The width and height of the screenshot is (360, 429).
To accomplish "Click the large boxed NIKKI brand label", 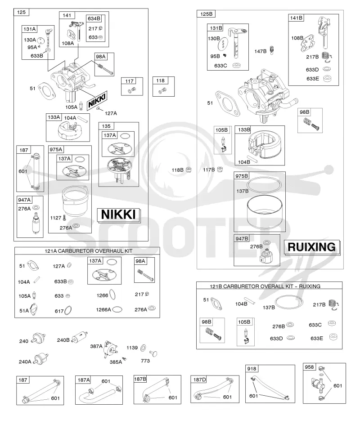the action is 118,215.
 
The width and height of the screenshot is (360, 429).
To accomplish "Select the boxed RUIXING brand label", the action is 312,247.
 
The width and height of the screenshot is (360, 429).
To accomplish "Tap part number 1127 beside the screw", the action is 55,218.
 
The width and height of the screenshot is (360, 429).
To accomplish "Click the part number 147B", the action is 261,51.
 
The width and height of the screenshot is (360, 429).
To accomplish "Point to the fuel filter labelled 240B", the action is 80,337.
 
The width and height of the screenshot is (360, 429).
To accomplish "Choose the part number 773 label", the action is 145,361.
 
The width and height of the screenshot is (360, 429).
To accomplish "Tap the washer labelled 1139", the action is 143,348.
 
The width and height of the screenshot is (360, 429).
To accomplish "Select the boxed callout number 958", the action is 309,367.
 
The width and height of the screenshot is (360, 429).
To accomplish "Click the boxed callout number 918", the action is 252,369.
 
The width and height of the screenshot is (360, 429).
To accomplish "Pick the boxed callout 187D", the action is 199,380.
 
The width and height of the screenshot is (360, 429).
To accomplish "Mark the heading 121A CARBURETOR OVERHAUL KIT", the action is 89,251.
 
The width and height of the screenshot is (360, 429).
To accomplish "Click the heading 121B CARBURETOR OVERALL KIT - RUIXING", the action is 265,286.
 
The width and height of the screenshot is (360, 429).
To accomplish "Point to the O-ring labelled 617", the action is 68,310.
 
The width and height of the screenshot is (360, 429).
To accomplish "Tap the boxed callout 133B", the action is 244,130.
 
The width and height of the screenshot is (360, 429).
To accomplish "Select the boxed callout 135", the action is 106,126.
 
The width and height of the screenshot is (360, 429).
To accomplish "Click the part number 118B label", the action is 177,170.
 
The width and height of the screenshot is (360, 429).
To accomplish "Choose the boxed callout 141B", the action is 296,18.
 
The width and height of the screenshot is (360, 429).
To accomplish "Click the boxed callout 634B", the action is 94,18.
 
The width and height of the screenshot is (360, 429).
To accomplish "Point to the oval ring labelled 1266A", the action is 117,309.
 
